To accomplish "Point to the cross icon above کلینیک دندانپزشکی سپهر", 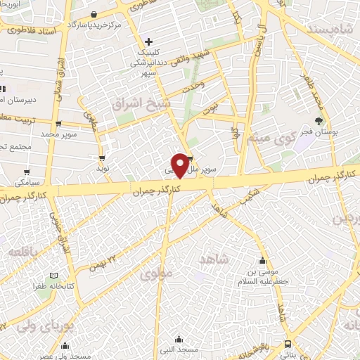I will click(x=148, y=41).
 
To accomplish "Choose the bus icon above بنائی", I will click(x=288, y=344).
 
